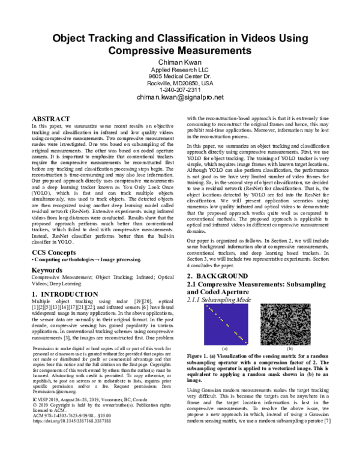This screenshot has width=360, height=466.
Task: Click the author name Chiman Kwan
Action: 179,63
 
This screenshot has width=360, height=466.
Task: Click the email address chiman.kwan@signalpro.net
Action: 179,97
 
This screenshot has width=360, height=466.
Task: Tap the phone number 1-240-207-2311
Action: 179,89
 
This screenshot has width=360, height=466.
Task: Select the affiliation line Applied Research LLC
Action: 179,71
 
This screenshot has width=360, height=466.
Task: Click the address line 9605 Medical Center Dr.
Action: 179,77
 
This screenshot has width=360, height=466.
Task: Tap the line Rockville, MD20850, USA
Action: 179,83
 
